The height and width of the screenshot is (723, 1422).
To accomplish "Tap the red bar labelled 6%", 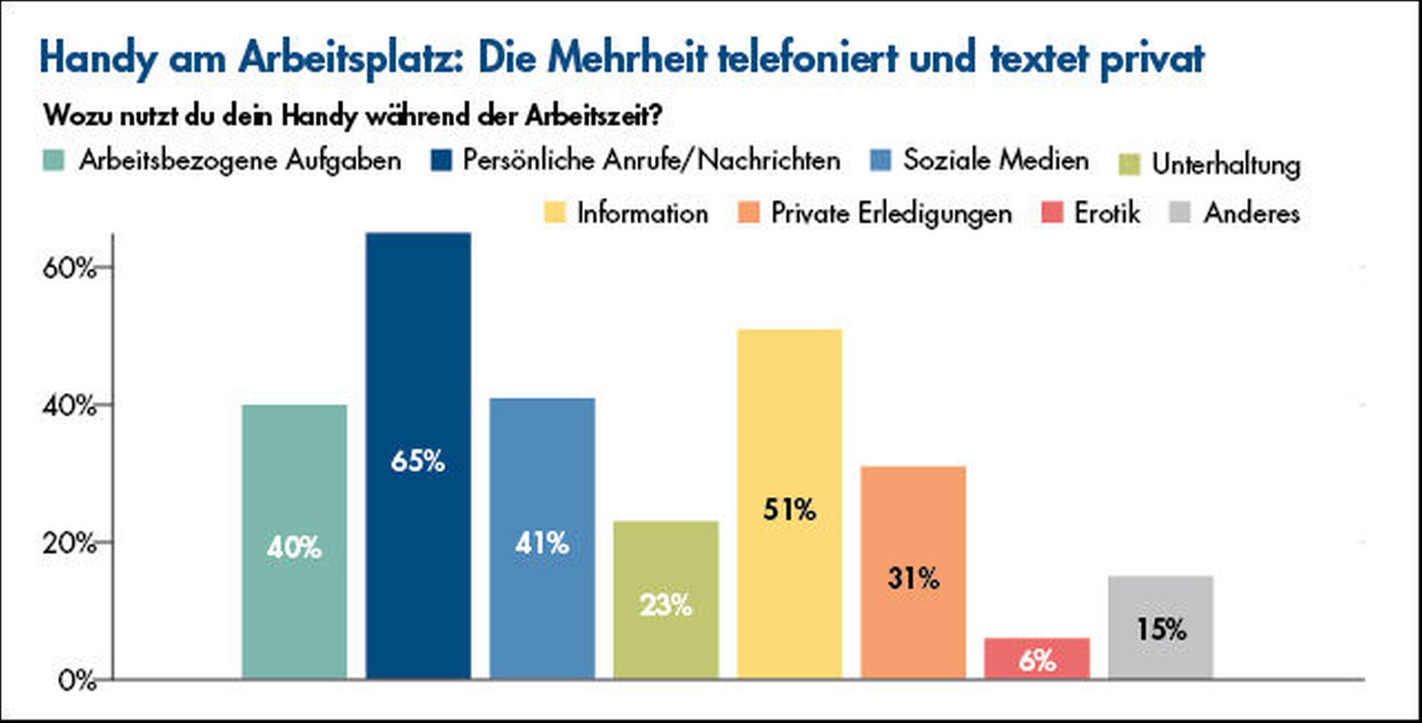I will coord(1037,659).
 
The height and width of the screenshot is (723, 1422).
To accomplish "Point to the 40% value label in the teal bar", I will coord(294,548).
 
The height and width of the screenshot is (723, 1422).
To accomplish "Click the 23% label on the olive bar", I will coord(665,605).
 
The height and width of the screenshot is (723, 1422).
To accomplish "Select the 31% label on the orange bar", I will coord(913,578).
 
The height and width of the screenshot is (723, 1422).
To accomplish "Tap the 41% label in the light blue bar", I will coord(542,543).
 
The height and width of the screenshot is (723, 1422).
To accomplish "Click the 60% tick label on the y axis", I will coord(69,268).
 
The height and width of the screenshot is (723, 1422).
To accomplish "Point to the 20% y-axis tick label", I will coord(69,543).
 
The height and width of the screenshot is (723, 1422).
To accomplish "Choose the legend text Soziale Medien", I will coord(995,160).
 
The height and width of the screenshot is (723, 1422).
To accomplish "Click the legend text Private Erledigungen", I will coord(891,213).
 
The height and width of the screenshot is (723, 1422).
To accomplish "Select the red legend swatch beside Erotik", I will coord(1052,213).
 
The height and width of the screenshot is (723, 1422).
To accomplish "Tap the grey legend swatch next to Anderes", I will coord(1180,213).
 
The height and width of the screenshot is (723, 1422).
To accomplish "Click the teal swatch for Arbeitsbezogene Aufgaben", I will coord(54,160).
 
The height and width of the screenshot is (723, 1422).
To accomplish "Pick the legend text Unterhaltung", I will coord(1226,165).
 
